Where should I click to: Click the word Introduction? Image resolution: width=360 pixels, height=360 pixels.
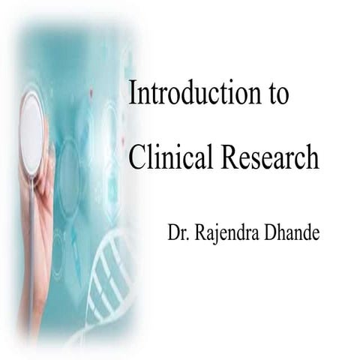coord(192,94)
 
